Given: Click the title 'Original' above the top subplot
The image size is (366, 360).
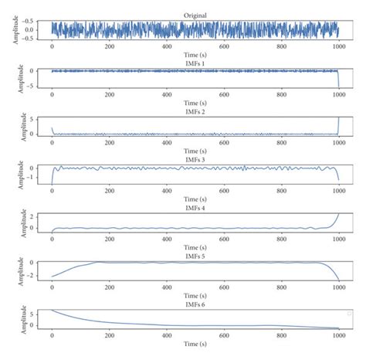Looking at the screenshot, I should click(195, 15).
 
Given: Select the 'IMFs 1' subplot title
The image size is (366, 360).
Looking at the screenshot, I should click(195, 63).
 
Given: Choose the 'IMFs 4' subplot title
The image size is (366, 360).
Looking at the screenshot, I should click(195, 206).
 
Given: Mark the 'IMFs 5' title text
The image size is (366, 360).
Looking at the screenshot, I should click(195, 254).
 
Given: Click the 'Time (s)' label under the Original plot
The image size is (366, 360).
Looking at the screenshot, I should click(195, 54).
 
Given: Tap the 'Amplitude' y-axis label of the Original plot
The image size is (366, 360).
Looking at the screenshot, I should click(16, 29).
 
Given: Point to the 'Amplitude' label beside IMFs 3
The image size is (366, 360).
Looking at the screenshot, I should click(16, 173).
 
